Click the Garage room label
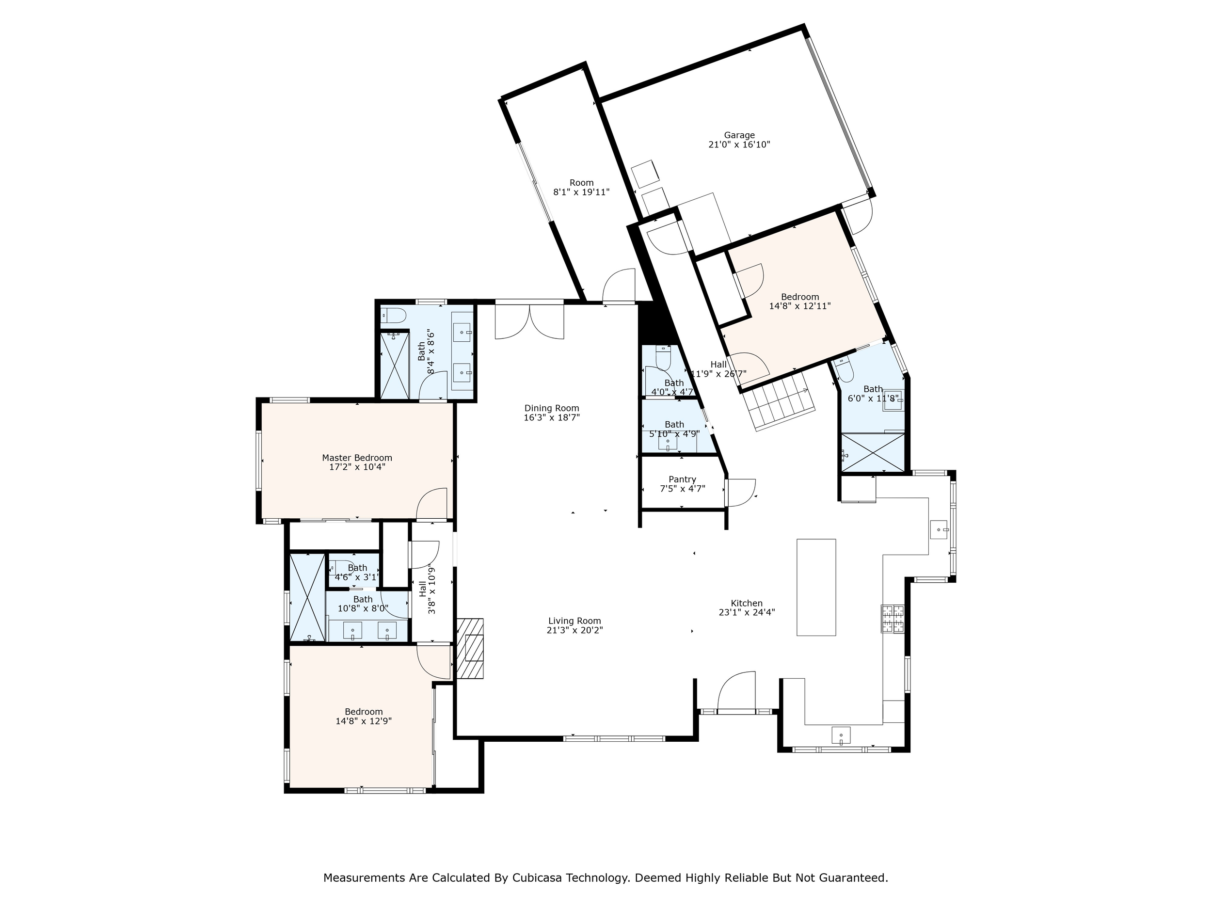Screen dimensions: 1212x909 [x=739, y=135]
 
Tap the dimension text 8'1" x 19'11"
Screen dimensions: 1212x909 [x=581, y=192]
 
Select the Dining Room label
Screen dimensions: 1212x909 [x=552, y=408]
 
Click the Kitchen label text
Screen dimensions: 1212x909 [x=747, y=603]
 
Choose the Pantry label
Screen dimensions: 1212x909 [x=682, y=479]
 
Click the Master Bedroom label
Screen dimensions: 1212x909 [x=357, y=458]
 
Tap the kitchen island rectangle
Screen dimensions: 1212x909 [x=816, y=588]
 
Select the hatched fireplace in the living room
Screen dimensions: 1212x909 [x=471, y=649]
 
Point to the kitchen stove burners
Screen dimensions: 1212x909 [x=893, y=619]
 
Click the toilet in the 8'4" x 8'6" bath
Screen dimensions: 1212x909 [x=393, y=316]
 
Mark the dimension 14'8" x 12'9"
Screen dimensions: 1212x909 [x=364, y=721]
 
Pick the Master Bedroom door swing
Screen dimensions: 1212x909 [x=432, y=504]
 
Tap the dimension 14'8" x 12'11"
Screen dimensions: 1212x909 [x=800, y=306]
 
